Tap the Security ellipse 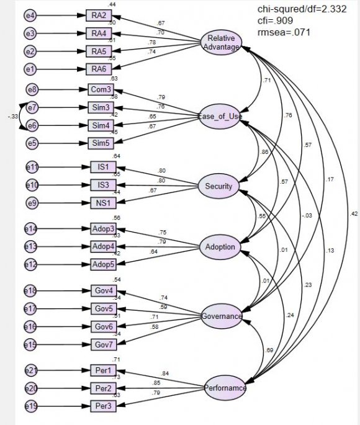tap(218, 186)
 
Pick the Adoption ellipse tap(220, 248)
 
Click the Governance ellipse tap(221, 316)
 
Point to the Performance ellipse tap(225, 389)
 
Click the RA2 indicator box tap(99, 15)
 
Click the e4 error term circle tap(31, 15)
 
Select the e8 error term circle tap(31, 90)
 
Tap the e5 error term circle tap(31, 144)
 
